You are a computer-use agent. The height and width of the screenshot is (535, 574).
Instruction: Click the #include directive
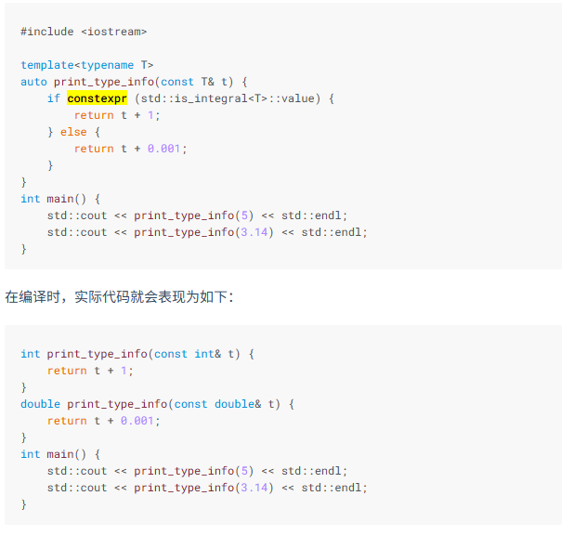tap(46, 32)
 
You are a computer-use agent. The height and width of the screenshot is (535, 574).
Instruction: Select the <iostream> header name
tap(113, 32)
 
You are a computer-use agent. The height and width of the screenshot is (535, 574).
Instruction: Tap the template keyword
tap(47, 65)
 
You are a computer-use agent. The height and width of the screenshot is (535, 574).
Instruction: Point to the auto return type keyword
tap(33, 82)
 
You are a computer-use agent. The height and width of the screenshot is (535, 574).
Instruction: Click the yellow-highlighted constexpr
tap(97, 98)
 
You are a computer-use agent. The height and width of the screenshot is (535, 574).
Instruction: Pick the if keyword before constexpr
tap(54, 98)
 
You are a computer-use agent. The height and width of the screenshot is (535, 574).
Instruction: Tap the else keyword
tap(73, 132)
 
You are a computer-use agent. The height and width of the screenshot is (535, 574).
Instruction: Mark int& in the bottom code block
tap(208, 354)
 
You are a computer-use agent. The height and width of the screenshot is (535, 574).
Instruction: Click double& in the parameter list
tap(238, 404)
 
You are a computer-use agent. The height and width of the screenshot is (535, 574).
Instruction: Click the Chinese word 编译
tap(33, 297)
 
